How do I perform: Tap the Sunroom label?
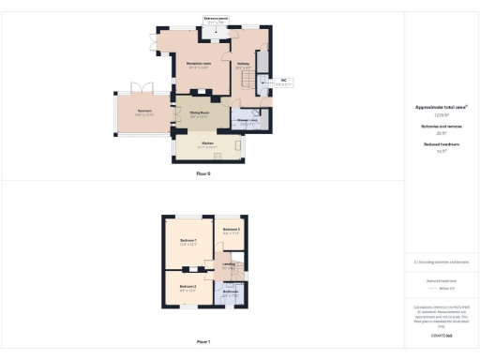pyautogui.click(x=143, y=112)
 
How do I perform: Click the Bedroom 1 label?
pyautogui.click(x=187, y=242)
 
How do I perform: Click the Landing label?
pyautogui.click(x=228, y=264)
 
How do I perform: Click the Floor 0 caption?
pyautogui.click(x=203, y=174)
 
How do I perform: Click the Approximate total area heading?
pyautogui.click(x=442, y=108)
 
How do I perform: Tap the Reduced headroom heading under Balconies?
pyautogui.click(x=442, y=146)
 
